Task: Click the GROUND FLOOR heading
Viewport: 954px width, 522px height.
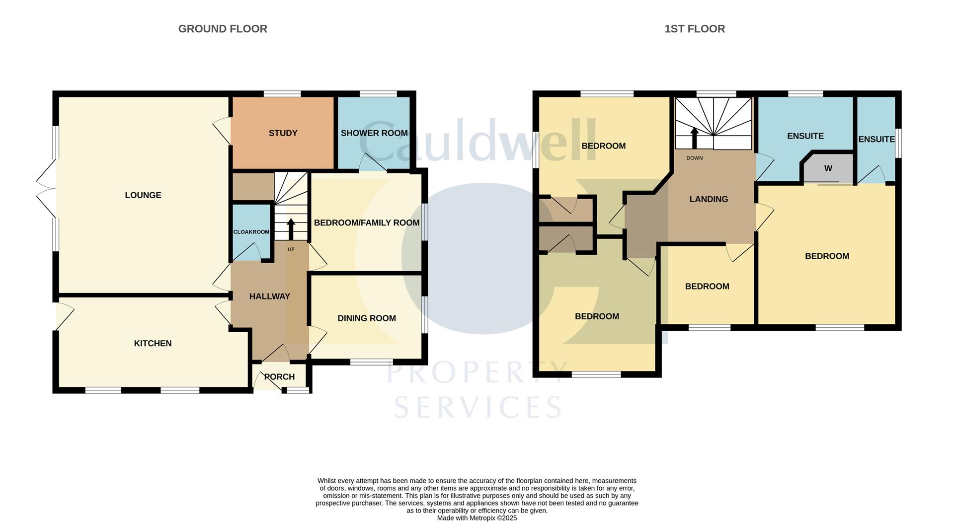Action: pos(223,29)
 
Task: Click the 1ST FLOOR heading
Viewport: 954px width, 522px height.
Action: pos(695,29)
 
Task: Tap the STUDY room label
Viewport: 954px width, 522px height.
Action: pos(283,133)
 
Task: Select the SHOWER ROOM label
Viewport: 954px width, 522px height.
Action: pos(374,133)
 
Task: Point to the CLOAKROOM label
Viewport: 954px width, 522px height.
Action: pos(251,232)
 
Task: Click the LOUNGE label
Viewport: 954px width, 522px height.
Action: pos(143,195)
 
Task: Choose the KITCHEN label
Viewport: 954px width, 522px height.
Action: pos(153,343)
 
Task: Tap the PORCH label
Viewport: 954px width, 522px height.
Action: pos(280,377)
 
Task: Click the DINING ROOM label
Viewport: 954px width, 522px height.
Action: pos(367,318)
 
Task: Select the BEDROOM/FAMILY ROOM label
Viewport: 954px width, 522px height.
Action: pos(367,223)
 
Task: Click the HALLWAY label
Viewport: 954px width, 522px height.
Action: pos(269,297)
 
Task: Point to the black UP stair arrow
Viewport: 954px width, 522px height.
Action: pos(291,229)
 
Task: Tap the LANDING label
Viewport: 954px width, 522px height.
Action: pos(709,199)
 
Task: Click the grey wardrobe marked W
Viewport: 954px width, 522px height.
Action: pos(828,169)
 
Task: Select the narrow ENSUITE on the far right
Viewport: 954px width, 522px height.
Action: pos(876,140)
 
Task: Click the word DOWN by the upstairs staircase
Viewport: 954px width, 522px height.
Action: pos(695,158)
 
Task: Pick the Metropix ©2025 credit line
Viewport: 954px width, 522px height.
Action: pos(477,518)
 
